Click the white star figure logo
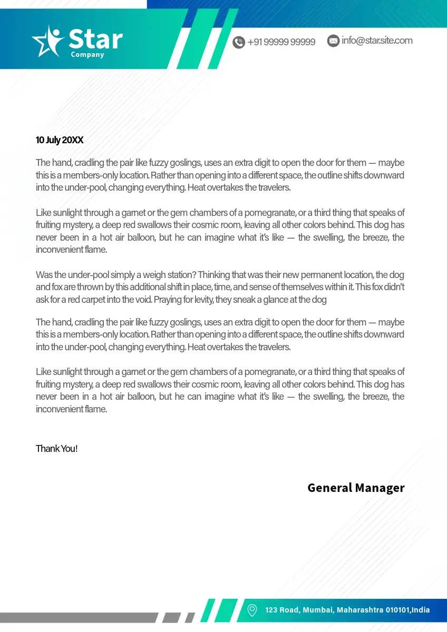(48, 41)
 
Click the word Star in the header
(95, 39)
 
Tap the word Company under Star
(88, 55)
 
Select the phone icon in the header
(239, 42)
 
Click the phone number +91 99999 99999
(281, 42)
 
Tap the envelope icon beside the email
(333, 41)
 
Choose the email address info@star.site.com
(377, 41)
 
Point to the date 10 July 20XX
(60, 140)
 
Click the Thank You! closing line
(56, 449)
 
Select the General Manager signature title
(356, 488)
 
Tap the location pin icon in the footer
(252, 610)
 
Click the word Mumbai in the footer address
(317, 610)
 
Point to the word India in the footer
(421, 610)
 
